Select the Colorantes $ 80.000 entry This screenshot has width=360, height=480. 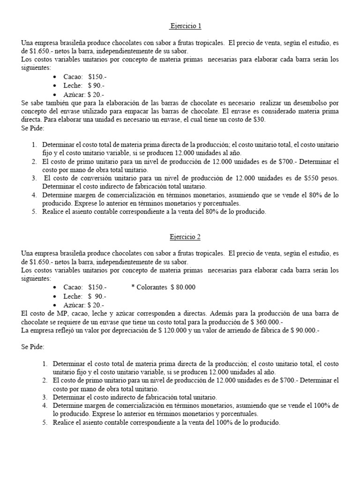(164, 287)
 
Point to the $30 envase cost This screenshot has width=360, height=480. (259, 119)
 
